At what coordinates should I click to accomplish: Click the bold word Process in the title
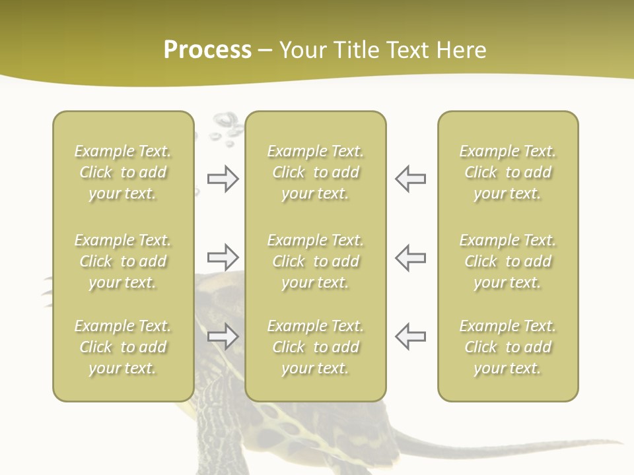point(207,50)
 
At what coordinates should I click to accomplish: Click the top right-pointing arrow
point(223,179)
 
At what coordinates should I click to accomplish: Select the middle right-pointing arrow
point(223,257)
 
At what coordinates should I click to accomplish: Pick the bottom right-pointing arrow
point(223,336)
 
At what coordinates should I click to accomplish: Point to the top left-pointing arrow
point(411,179)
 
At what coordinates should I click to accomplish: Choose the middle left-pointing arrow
point(411,257)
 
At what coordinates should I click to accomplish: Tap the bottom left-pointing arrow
point(411,336)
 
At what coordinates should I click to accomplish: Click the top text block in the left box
point(123,172)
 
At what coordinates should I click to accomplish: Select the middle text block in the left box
point(123,261)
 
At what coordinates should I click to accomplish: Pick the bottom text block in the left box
point(123,347)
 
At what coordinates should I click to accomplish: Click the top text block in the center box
point(316,172)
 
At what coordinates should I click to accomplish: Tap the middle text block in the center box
point(316,261)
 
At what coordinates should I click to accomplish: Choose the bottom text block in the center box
point(316,347)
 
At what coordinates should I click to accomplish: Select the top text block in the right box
point(508,172)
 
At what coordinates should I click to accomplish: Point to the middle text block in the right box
point(508,261)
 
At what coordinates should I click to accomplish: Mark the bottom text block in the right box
point(508,347)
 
